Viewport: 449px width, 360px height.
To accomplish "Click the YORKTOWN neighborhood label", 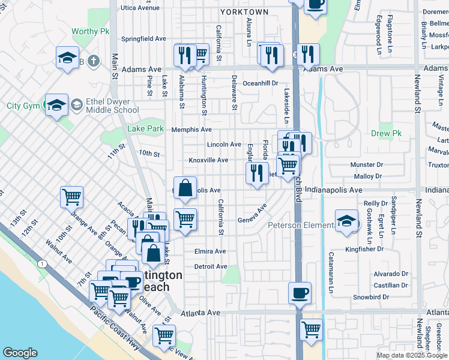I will click(x=244, y=12).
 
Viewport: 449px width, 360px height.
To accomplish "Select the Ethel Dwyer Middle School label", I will click(x=113, y=106).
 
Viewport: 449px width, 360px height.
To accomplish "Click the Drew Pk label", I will click(x=385, y=133).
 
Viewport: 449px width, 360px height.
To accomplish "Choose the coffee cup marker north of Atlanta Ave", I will click(x=300, y=293).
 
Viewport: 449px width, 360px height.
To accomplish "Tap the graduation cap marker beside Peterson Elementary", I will click(x=346, y=221).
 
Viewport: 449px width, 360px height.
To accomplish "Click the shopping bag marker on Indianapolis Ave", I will click(x=185, y=188).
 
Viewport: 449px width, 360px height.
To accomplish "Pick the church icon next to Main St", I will click(x=92, y=60).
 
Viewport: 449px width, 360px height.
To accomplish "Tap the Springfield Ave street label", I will click(x=143, y=38).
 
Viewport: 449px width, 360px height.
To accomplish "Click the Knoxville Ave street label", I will click(x=208, y=160).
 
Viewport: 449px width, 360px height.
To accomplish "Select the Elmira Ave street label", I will click(x=209, y=251).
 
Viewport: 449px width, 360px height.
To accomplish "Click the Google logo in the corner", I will click(x=20, y=353).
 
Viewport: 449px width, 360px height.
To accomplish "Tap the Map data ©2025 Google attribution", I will click(x=412, y=355).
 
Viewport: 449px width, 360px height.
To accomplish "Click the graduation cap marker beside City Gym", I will click(x=56, y=106).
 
